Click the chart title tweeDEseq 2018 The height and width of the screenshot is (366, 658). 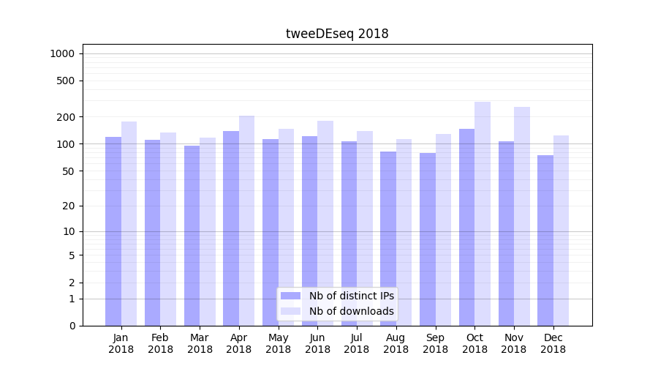click(337, 34)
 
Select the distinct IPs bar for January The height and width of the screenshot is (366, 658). click(113, 231)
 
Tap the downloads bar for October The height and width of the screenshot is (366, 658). click(483, 214)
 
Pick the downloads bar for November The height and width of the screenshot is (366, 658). click(522, 216)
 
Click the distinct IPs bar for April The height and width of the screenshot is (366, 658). click(231, 228)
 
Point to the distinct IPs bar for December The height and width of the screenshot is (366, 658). click(545, 240)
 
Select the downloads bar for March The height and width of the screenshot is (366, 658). click(208, 231)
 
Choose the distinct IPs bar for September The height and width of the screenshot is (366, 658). click(428, 239)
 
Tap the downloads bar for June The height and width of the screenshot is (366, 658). click(325, 223)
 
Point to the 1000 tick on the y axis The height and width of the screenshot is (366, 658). click(61, 53)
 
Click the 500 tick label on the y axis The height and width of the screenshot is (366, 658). click(66, 81)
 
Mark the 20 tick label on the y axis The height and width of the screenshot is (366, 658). click(69, 206)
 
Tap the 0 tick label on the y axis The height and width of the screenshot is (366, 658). click(72, 326)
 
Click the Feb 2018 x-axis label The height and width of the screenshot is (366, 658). click(160, 343)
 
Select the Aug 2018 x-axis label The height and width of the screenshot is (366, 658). click(396, 343)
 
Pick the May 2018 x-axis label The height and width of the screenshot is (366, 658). click(279, 343)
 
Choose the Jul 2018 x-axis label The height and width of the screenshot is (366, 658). click(357, 343)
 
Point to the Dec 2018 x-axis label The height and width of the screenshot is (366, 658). click(553, 343)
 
